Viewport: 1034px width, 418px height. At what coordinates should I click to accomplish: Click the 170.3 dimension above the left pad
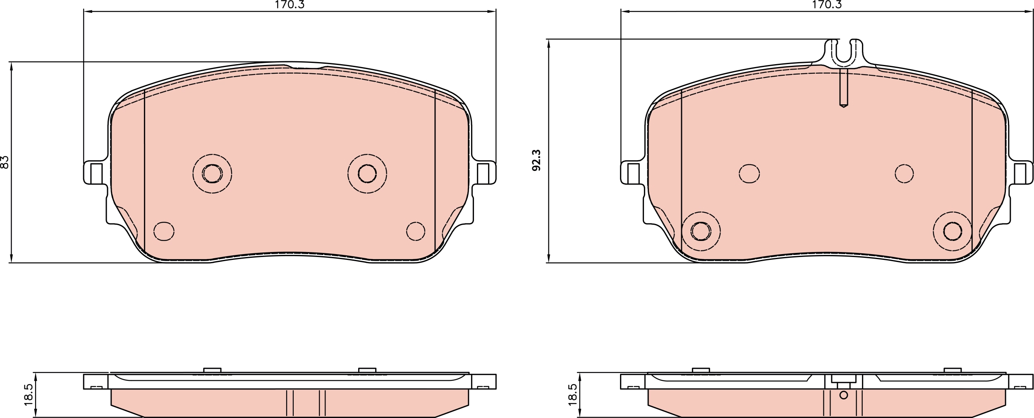pos(290,5)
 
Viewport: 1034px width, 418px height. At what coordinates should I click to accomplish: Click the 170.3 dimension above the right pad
pos(827,5)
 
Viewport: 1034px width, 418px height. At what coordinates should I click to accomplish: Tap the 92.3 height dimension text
pos(536,161)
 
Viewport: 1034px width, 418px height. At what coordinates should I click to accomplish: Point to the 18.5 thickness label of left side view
pos(28,394)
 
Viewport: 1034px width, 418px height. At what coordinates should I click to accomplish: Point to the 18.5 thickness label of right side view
pos(572,394)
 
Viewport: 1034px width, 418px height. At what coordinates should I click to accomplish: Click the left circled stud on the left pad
pos(212,173)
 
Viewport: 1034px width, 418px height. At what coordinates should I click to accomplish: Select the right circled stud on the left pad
pos(367,173)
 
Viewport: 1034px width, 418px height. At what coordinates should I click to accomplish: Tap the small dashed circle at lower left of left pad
pos(164,231)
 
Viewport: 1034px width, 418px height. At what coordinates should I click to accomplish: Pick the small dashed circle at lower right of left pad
pos(415,231)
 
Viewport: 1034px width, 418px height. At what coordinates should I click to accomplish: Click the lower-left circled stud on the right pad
pos(701,231)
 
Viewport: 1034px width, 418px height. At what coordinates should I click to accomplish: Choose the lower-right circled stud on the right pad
pos(953,231)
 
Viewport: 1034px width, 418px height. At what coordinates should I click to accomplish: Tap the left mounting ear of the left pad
pos(94,173)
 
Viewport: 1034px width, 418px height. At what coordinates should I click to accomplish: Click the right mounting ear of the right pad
pos(1022,173)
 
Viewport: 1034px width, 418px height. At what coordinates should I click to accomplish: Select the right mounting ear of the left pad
pos(485,173)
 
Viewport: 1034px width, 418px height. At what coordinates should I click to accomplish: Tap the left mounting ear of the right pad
pos(632,173)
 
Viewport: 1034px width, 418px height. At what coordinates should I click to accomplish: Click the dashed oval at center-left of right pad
pos(749,173)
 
